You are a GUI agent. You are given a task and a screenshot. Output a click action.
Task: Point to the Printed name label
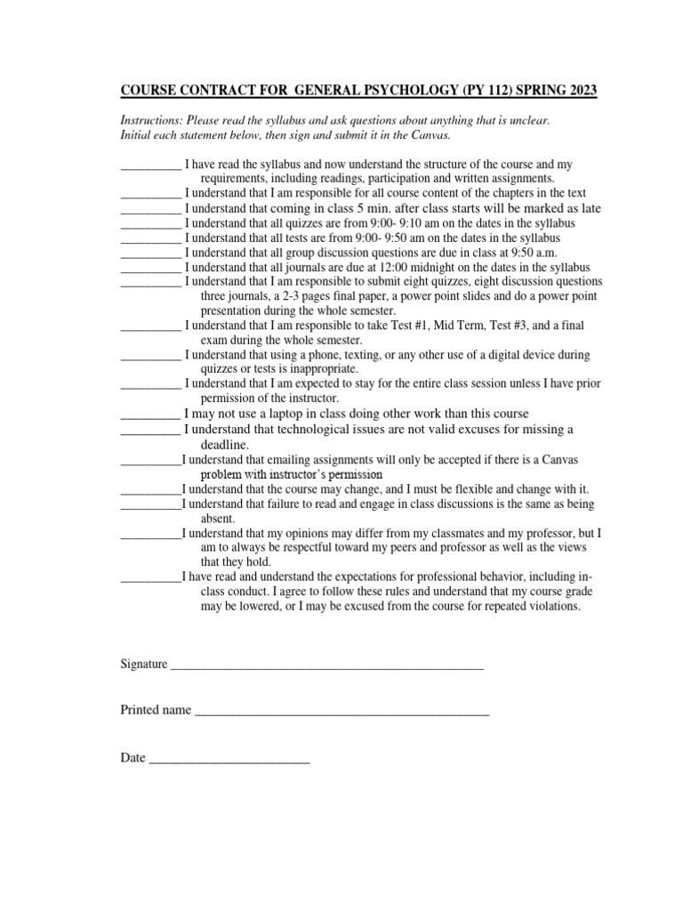tap(156, 711)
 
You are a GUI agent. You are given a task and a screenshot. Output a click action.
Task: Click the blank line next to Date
tap(229, 758)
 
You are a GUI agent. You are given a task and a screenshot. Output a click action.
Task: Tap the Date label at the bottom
tap(133, 758)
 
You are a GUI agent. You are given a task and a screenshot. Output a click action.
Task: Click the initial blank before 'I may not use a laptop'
tap(149, 414)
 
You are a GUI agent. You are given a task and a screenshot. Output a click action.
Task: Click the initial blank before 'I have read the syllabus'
tap(149, 165)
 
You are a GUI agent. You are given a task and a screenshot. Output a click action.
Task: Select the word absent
tap(217, 518)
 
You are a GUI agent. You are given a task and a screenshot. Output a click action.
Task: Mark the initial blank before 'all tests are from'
tap(149, 238)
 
